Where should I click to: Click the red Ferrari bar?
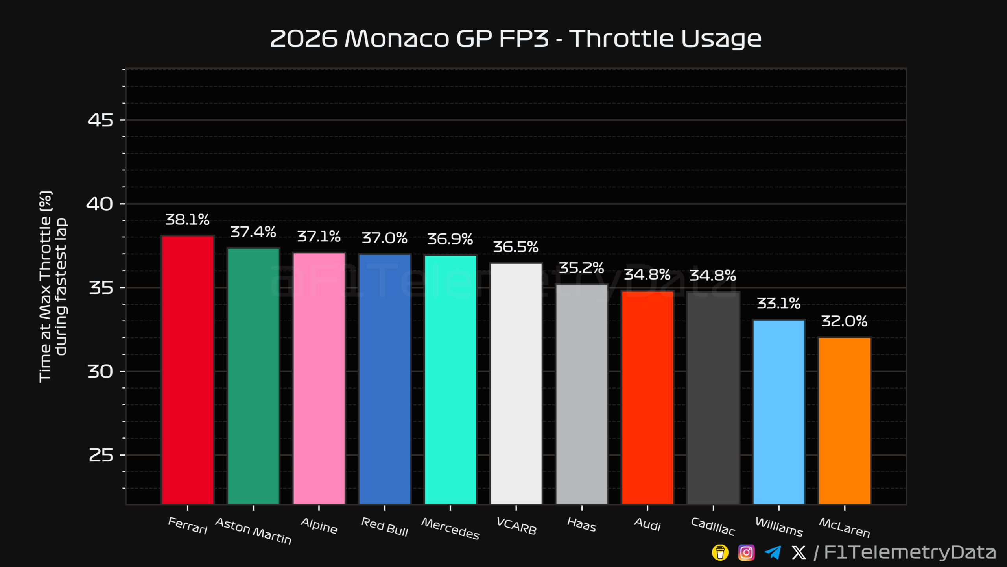coord(188,370)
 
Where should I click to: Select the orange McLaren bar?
coord(845,421)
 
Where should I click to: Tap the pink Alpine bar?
coord(319,378)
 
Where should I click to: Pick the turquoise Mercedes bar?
coord(450,380)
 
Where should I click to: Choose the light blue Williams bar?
coord(779,412)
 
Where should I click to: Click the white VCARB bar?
coord(516,384)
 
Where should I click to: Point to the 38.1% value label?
coord(187,220)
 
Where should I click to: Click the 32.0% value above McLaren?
coord(844,321)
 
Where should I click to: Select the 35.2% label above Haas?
coord(581,268)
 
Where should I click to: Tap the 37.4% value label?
coord(253,232)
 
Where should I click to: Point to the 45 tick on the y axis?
coord(100,120)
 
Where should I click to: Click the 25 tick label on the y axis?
coord(101,455)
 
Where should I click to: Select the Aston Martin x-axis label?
coord(253,531)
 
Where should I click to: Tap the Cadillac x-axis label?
coord(713,527)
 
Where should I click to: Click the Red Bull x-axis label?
coord(385,527)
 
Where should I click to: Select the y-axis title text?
coord(53,287)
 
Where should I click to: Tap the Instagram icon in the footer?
coord(746,552)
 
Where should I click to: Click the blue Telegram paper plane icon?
coord(773,552)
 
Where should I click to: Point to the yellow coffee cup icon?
coord(720,552)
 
